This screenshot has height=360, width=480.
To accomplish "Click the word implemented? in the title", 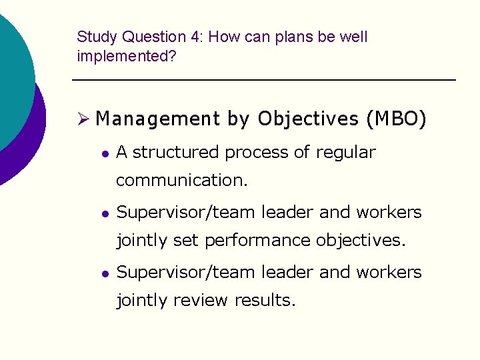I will (x=127, y=57).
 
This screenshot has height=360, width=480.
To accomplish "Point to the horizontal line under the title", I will (x=263, y=80).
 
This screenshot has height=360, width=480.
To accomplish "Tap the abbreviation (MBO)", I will (x=395, y=119).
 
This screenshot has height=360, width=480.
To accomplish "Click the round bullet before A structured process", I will (x=104, y=153).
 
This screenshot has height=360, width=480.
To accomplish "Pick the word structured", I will (x=177, y=153).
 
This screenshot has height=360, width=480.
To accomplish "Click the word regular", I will (x=345, y=153).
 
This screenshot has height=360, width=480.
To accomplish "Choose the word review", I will (x=201, y=300).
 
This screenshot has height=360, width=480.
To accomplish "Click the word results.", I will (x=265, y=300).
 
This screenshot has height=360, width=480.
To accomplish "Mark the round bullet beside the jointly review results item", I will (x=104, y=273).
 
